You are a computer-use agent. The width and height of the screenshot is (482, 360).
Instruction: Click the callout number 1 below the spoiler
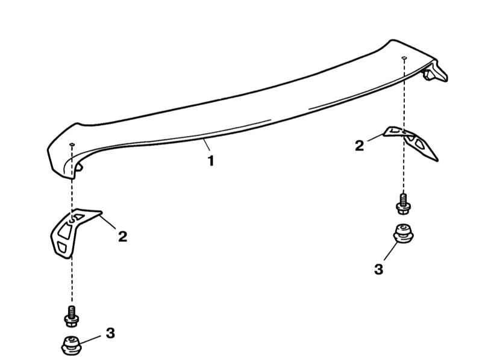pyautogui.click(x=211, y=161)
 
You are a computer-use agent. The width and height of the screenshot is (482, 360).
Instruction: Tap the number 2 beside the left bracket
pyautogui.click(x=123, y=237)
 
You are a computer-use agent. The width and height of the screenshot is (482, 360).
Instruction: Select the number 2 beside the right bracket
pyautogui.click(x=359, y=146)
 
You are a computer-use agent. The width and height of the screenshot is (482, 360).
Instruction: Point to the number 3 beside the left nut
pyautogui.click(x=110, y=333)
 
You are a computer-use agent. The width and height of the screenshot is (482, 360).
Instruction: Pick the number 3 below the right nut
pyautogui.click(x=379, y=269)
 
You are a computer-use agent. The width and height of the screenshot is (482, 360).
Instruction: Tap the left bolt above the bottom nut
pyautogui.click(x=72, y=317)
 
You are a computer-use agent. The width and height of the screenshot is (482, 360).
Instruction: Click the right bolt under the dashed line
pyautogui.click(x=404, y=203)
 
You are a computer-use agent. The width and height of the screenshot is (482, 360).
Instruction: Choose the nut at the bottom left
pyautogui.click(x=71, y=346)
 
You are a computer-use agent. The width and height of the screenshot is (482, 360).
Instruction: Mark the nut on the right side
pyautogui.click(x=403, y=234)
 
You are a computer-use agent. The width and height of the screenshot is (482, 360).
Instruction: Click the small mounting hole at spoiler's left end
pyautogui.click(x=72, y=144)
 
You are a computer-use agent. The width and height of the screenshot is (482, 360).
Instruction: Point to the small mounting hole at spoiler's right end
pyautogui.click(x=404, y=58)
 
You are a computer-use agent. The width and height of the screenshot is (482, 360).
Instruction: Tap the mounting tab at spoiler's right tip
pyautogui.click(x=436, y=72)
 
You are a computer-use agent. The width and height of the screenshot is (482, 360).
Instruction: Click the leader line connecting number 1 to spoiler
pyautogui.click(x=207, y=144)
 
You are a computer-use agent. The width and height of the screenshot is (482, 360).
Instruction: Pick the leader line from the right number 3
pyautogui.click(x=391, y=251)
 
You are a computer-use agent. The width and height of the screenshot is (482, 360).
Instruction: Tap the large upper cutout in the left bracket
pyautogui.click(x=65, y=231)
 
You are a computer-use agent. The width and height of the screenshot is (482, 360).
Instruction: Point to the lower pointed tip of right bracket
pyautogui.click(x=437, y=160)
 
